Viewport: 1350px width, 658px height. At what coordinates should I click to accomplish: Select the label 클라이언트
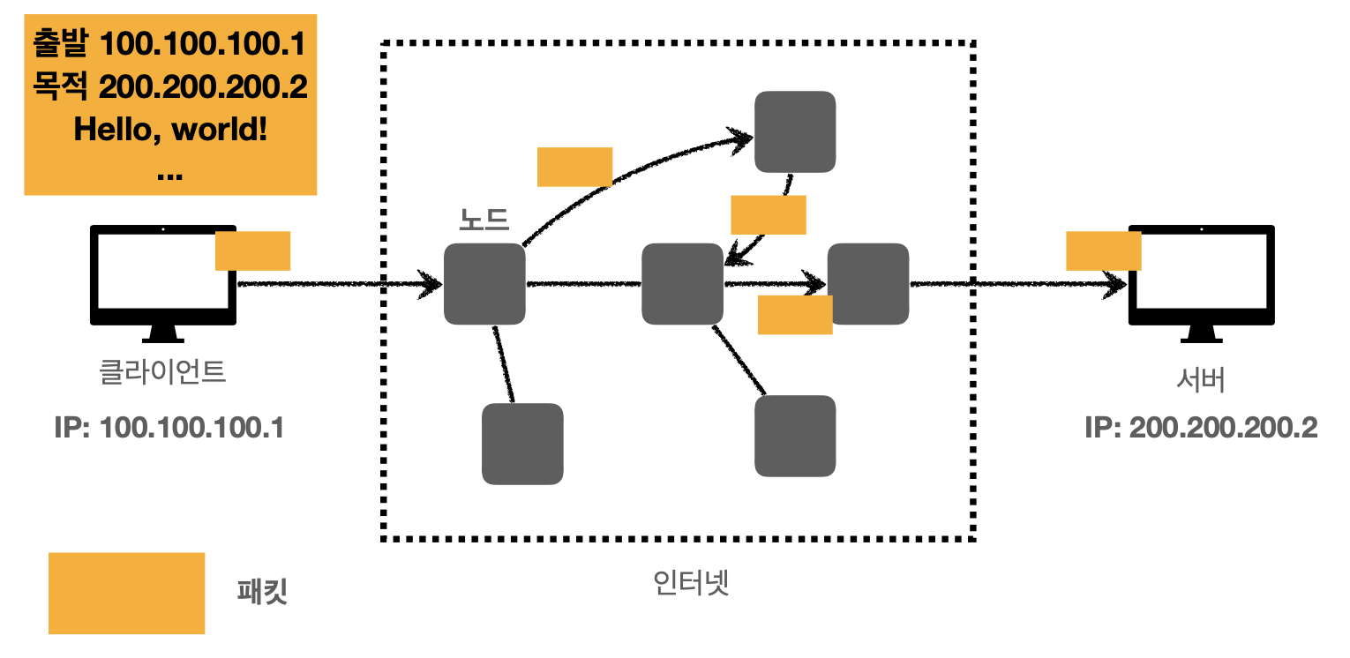tap(163, 372)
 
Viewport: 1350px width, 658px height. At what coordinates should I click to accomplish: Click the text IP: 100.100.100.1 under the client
tap(169, 428)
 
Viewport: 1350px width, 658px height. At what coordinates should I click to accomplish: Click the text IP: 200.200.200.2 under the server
tap(1201, 428)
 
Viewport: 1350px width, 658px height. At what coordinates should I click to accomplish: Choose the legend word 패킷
tap(263, 593)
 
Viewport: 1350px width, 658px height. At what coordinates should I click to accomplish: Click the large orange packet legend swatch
tap(126, 593)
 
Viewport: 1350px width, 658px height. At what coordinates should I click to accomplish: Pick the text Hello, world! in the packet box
tap(170, 130)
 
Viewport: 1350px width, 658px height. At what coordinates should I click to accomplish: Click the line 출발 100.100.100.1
tap(170, 41)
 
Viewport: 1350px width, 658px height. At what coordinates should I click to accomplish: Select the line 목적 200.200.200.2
tap(170, 86)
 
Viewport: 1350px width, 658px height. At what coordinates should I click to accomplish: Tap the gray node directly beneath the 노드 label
tap(484, 284)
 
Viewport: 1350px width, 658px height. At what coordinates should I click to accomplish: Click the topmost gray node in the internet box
tap(795, 131)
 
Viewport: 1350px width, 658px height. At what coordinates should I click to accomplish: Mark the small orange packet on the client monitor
tap(252, 250)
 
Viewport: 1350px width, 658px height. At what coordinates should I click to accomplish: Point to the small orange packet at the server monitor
tap(1103, 250)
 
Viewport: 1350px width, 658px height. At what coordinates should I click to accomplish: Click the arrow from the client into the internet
tap(340, 284)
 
